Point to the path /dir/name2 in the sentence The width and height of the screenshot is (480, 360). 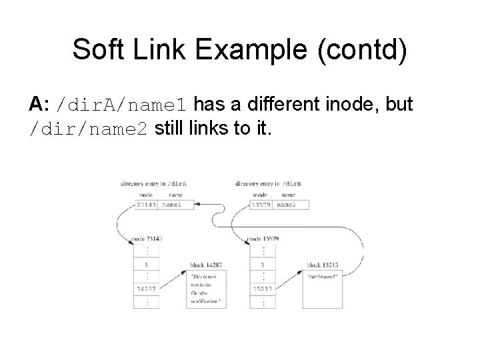coord(89,129)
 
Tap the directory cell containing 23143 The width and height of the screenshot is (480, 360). coord(146,205)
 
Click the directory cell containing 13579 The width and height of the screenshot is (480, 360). coord(261,205)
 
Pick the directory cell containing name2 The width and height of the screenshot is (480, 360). coord(291,205)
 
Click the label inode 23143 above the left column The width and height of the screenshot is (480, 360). coord(146,239)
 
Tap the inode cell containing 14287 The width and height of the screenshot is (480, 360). coord(146,289)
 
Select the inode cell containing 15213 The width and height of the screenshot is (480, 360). coord(263,289)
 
